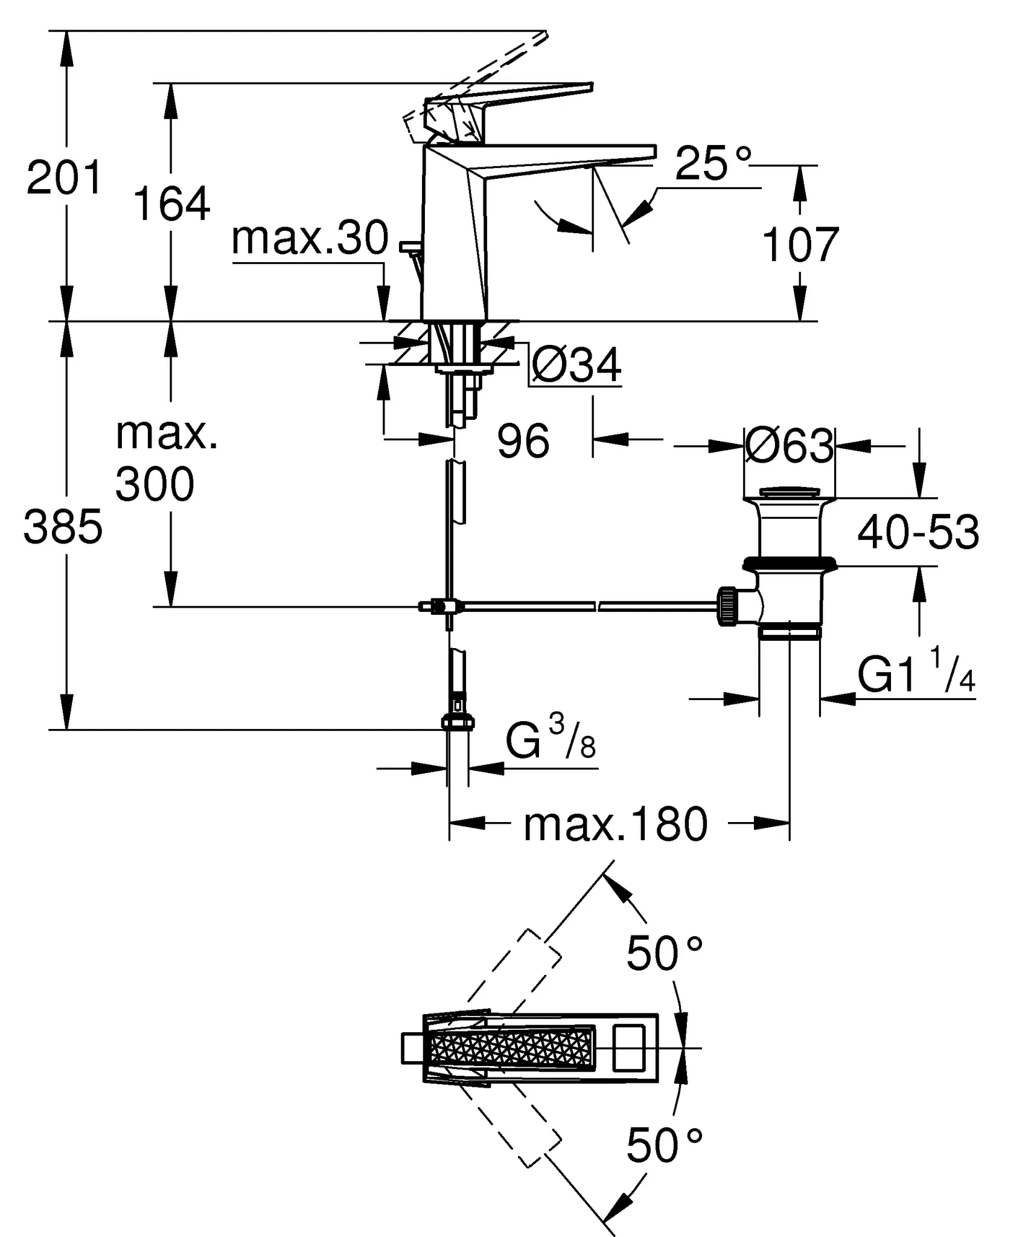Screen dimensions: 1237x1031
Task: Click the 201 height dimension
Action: [64, 178]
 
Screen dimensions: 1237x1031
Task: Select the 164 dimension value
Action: [171, 204]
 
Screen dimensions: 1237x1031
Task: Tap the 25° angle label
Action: [713, 163]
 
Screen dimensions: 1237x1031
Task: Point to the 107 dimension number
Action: [800, 245]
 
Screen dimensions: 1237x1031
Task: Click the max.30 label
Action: [310, 238]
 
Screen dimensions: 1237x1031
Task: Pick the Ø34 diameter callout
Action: [576, 365]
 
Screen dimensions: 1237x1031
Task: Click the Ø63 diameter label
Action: [789, 447]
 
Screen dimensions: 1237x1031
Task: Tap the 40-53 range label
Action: [918, 533]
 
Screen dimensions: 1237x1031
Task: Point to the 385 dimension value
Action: [63, 527]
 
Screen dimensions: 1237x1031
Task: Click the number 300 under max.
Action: [155, 484]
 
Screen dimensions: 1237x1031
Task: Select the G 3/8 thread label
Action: [550, 741]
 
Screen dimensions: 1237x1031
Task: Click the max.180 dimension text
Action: [615, 825]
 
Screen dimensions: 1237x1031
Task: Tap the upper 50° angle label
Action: [664, 954]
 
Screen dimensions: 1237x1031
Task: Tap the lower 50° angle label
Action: [664, 1145]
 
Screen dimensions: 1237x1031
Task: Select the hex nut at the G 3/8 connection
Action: [458, 722]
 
